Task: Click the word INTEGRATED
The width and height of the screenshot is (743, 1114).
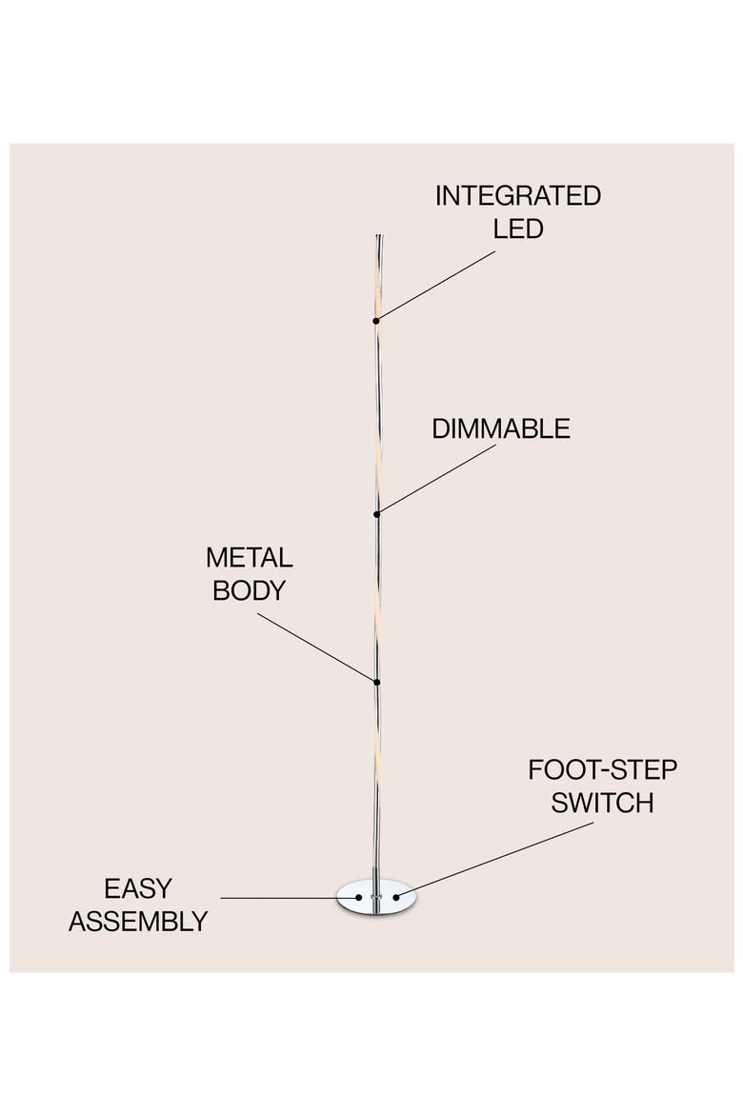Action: pos(517,195)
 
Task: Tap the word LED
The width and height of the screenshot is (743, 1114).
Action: pos(518,229)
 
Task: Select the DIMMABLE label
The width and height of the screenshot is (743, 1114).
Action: pos(500,428)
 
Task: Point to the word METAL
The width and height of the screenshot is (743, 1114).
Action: pos(249,558)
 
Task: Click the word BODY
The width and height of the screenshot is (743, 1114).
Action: pos(249,590)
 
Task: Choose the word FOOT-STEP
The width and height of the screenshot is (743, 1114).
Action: pos(602,770)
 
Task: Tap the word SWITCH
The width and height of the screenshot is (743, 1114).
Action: pos(602,803)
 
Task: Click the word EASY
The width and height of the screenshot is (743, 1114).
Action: pos(138,888)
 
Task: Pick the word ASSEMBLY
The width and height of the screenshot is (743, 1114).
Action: pos(138,922)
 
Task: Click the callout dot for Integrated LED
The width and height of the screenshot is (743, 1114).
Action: pos(376,321)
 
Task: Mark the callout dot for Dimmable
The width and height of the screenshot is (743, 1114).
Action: pos(377,513)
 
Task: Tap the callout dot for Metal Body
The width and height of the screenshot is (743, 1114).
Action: pos(377,683)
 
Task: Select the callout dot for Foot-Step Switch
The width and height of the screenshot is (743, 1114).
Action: pos(396,897)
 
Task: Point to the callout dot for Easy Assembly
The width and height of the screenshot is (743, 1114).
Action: pos(359,898)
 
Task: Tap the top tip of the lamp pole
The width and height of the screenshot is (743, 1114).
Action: pos(378,235)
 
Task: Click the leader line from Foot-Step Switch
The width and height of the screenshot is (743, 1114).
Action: pos(495,860)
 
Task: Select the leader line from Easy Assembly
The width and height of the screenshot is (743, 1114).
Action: pos(290,898)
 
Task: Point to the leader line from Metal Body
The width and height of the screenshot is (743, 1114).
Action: pos(317,648)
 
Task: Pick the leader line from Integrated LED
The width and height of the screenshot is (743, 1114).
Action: pos(436,286)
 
